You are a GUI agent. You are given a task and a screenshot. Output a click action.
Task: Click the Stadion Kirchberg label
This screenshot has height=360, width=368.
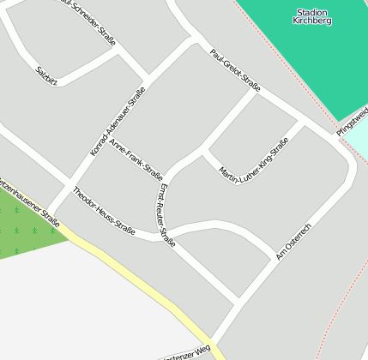(x=311, y=16)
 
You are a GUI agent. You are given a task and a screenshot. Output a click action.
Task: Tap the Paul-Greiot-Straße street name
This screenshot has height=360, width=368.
(x=235, y=70)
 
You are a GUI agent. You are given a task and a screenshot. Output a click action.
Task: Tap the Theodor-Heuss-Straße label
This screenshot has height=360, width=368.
(x=104, y=211)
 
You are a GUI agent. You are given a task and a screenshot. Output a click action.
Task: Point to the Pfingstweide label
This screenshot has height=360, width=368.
(x=353, y=120)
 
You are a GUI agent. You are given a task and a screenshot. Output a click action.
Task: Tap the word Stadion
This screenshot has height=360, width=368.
(x=311, y=12)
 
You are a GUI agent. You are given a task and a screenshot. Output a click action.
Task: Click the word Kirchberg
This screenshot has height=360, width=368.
(x=311, y=21)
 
